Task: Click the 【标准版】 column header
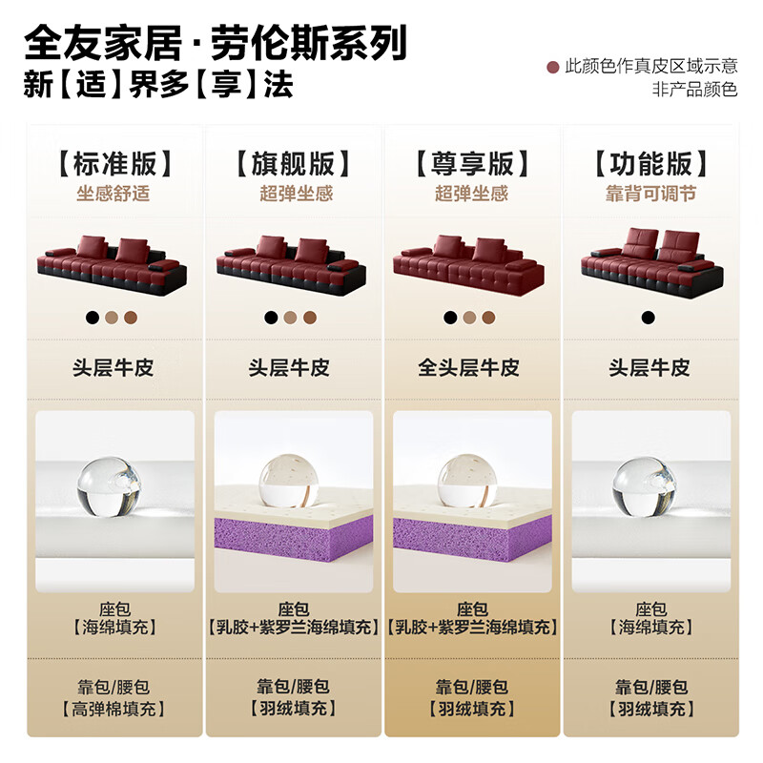114,163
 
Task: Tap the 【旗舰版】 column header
293,163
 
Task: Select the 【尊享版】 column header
472,163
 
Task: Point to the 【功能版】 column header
650,163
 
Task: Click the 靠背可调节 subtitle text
650,194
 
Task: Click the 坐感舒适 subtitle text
114,194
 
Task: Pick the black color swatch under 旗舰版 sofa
271,318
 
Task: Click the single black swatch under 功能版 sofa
649,318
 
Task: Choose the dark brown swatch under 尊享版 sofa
488,318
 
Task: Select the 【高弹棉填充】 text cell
114,709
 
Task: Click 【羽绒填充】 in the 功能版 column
650,709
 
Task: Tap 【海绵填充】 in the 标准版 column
114,627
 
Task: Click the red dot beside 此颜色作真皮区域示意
551,67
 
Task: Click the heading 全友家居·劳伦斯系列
215,42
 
